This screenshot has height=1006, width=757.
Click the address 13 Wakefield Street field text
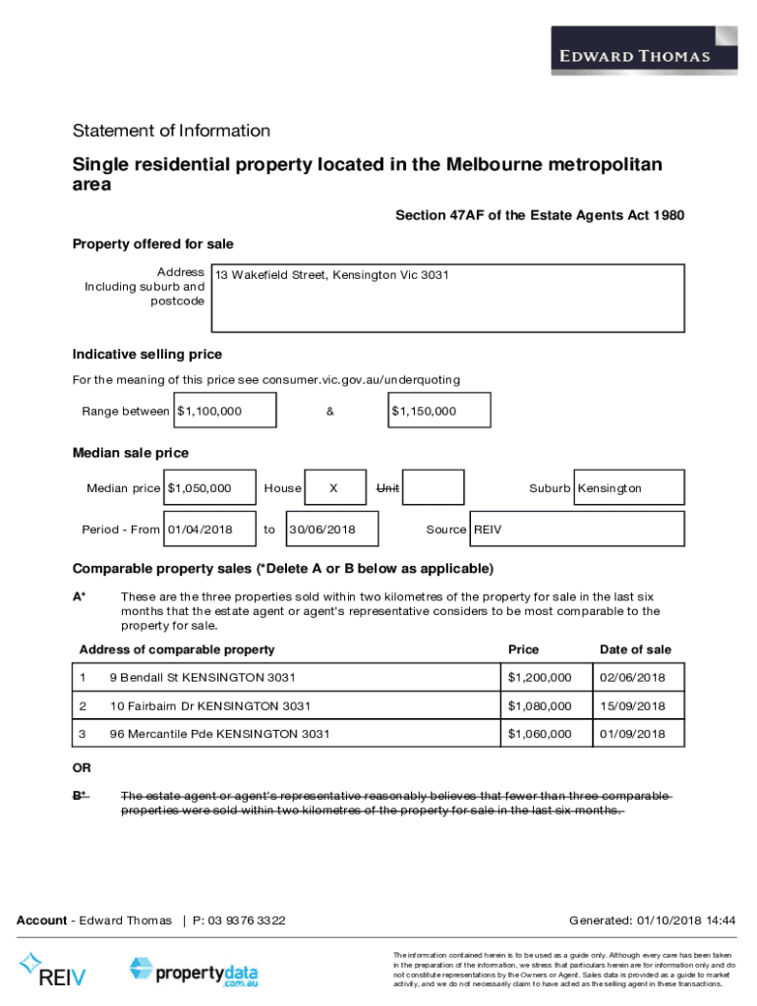331,275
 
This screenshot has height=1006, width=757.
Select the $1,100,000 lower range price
208,412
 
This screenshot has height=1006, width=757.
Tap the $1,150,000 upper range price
424,412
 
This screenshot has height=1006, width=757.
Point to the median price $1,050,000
200,488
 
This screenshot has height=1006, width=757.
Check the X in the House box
333,488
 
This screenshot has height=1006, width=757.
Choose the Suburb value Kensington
610,488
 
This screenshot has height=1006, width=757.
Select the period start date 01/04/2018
201,530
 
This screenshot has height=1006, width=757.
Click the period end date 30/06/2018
321,530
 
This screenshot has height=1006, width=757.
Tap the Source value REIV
488,530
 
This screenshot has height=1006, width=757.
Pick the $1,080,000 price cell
539,706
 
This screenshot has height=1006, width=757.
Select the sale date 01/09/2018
633,734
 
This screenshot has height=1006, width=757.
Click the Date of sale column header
635,649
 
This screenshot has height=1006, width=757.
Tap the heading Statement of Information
171,131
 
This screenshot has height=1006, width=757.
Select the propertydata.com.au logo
194,972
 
